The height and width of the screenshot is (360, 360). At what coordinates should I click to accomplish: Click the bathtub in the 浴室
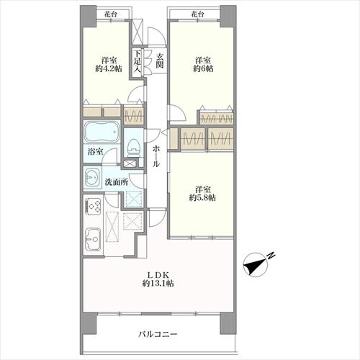(102, 132)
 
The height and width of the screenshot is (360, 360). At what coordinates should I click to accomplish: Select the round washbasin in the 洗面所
(91, 178)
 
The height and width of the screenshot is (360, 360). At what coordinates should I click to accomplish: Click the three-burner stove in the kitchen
(94, 205)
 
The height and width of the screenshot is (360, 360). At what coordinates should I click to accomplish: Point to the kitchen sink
(94, 239)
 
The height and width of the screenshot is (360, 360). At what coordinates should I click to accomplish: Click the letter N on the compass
(271, 256)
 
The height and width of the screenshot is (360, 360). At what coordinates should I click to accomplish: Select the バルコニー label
(158, 334)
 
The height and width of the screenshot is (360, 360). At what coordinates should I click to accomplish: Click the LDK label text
(158, 274)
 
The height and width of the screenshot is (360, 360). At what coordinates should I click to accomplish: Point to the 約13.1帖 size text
(158, 284)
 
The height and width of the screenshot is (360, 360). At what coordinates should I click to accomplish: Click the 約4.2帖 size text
(109, 69)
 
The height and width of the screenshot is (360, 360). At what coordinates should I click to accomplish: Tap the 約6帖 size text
(203, 69)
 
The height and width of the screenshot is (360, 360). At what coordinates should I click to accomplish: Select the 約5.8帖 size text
(202, 198)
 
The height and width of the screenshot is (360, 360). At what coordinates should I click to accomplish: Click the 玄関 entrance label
(159, 60)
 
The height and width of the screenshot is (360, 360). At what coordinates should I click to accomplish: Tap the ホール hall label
(156, 157)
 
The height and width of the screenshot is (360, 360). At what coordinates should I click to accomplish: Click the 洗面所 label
(116, 182)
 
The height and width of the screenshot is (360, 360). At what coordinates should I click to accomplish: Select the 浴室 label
(96, 152)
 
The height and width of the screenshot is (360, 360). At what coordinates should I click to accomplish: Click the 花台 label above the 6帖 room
(197, 14)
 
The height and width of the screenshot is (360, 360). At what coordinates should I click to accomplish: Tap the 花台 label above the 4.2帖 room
(111, 14)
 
